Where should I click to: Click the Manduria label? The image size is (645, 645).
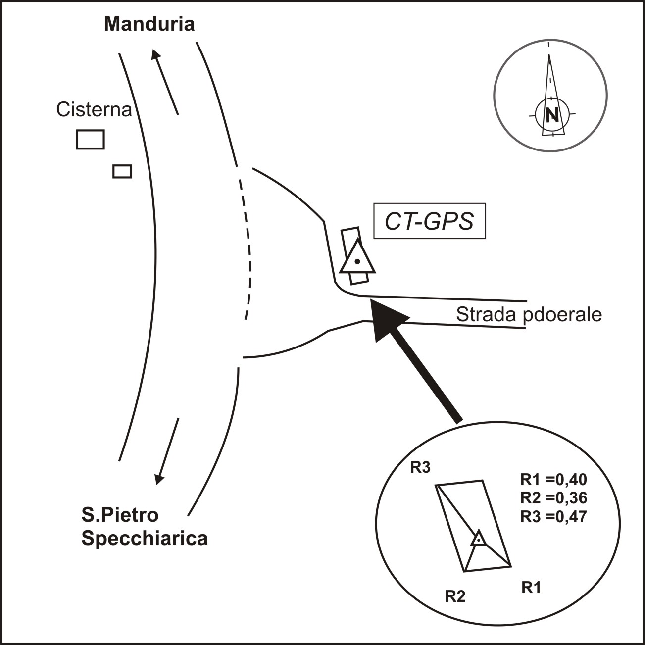click(149, 24)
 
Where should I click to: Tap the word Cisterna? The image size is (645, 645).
click(94, 110)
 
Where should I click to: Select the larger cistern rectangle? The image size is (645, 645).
click(90, 139)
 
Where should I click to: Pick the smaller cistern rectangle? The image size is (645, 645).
click(122, 171)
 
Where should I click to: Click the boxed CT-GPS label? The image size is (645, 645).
click(429, 221)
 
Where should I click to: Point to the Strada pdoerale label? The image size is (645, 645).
click(529, 315)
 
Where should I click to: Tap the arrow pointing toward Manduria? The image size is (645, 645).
click(165, 82)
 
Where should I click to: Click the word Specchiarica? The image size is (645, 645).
click(145, 539)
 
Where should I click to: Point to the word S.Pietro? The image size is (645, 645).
click(120, 515)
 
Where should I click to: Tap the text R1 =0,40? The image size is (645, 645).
click(553, 480)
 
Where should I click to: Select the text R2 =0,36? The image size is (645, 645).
click(553, 498)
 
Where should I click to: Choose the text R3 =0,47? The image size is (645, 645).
click(553, 517)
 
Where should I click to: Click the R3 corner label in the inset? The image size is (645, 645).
click(420, 468)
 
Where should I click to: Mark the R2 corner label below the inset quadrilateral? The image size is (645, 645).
click(455, 596)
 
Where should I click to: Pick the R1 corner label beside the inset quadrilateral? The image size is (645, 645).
click(531, 588)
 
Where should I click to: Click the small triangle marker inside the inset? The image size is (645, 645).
click(478, 539)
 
